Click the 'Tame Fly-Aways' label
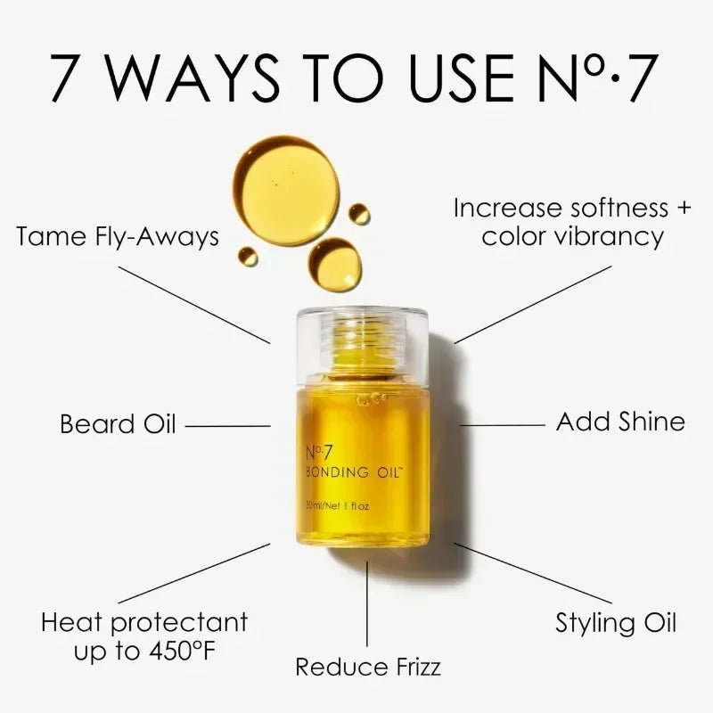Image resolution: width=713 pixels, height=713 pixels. (118, 238)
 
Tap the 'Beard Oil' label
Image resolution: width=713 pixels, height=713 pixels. (118, 423)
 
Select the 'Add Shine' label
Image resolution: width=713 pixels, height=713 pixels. (620, 422)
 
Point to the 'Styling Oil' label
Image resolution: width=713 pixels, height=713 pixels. (616, 623)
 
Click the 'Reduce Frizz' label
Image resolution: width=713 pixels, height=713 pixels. (368, 666)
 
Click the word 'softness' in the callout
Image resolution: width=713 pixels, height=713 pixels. (595, 209)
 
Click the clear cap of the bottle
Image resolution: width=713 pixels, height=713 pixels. (362, 339)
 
